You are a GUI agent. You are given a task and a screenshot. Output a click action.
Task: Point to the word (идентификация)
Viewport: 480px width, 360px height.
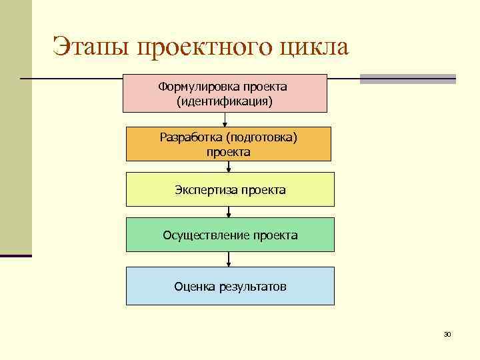click(x=225, y=101)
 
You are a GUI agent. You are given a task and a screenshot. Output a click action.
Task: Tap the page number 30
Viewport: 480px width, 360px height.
click(x=447, y=334)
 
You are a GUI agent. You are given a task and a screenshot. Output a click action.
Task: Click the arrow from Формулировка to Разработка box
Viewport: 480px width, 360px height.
click(x=225, y=119)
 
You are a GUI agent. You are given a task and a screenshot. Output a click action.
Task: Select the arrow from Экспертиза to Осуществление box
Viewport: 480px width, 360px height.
click(x=229, y=212)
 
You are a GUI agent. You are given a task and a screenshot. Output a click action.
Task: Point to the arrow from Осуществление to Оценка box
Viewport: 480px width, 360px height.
click(x=229, y=259)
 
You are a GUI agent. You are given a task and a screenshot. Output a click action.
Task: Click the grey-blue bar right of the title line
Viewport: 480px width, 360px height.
click(x=407, y=79)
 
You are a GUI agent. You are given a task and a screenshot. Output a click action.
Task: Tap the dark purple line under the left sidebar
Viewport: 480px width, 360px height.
click(x=15, y=255)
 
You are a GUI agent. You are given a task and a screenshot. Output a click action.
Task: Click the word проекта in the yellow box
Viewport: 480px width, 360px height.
click(x=264, y=190)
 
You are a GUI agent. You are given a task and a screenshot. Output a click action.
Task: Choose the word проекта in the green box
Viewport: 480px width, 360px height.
click(x=276, y=235)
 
